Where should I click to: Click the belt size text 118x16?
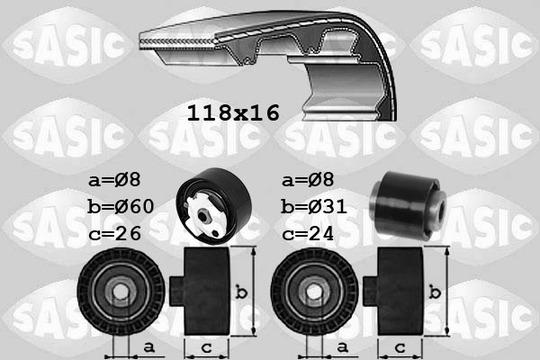233,112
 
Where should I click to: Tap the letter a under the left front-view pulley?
149,346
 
